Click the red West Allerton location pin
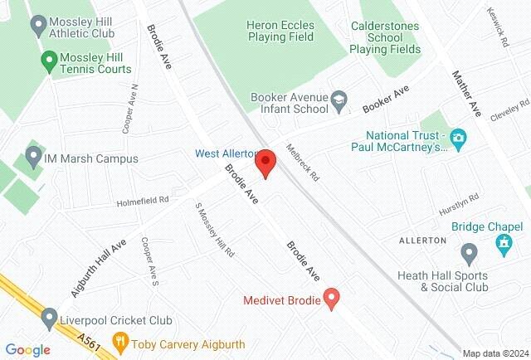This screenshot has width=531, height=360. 265,161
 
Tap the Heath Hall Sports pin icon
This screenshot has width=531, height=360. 469,252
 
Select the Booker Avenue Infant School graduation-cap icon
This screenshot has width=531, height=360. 339,103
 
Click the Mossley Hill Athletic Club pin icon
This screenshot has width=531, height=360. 37,27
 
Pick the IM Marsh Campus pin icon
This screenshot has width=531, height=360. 33,157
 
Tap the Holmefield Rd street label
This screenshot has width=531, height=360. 142,200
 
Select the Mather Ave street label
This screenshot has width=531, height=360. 466,91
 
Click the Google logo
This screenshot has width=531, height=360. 27,350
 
